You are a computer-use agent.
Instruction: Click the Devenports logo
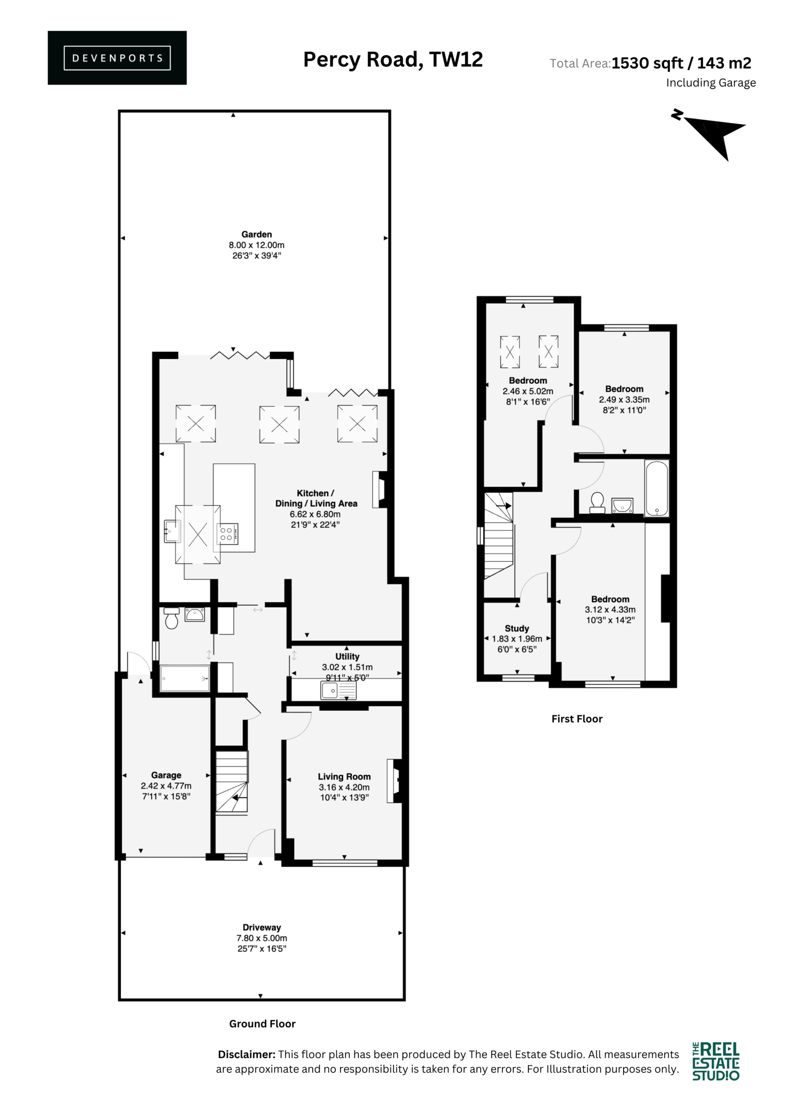tap(117, 58)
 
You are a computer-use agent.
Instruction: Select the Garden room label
tap(257, 235)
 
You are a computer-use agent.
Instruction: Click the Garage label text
tap(166, 775)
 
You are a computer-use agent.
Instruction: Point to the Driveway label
tap(261, 927)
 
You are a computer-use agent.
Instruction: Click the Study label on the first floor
tap(517, 628)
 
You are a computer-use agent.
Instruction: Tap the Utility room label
tap(347, 656)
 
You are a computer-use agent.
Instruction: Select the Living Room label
tap(344, 777)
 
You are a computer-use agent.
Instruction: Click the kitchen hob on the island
tap(227, 534)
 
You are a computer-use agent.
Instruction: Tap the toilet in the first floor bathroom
tap(597, 503)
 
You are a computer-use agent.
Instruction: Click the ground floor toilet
tap(172, 618)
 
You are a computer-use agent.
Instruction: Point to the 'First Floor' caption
tap(577, 719)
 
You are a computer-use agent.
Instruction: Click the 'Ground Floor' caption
tap(262, 1024)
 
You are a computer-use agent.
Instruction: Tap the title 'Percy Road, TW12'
tap(393, 60)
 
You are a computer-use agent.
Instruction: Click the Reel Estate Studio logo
tap(716, 1061)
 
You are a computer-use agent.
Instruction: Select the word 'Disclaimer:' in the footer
tap(247, 1054)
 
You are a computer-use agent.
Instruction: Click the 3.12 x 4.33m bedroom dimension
tap(610, 610)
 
